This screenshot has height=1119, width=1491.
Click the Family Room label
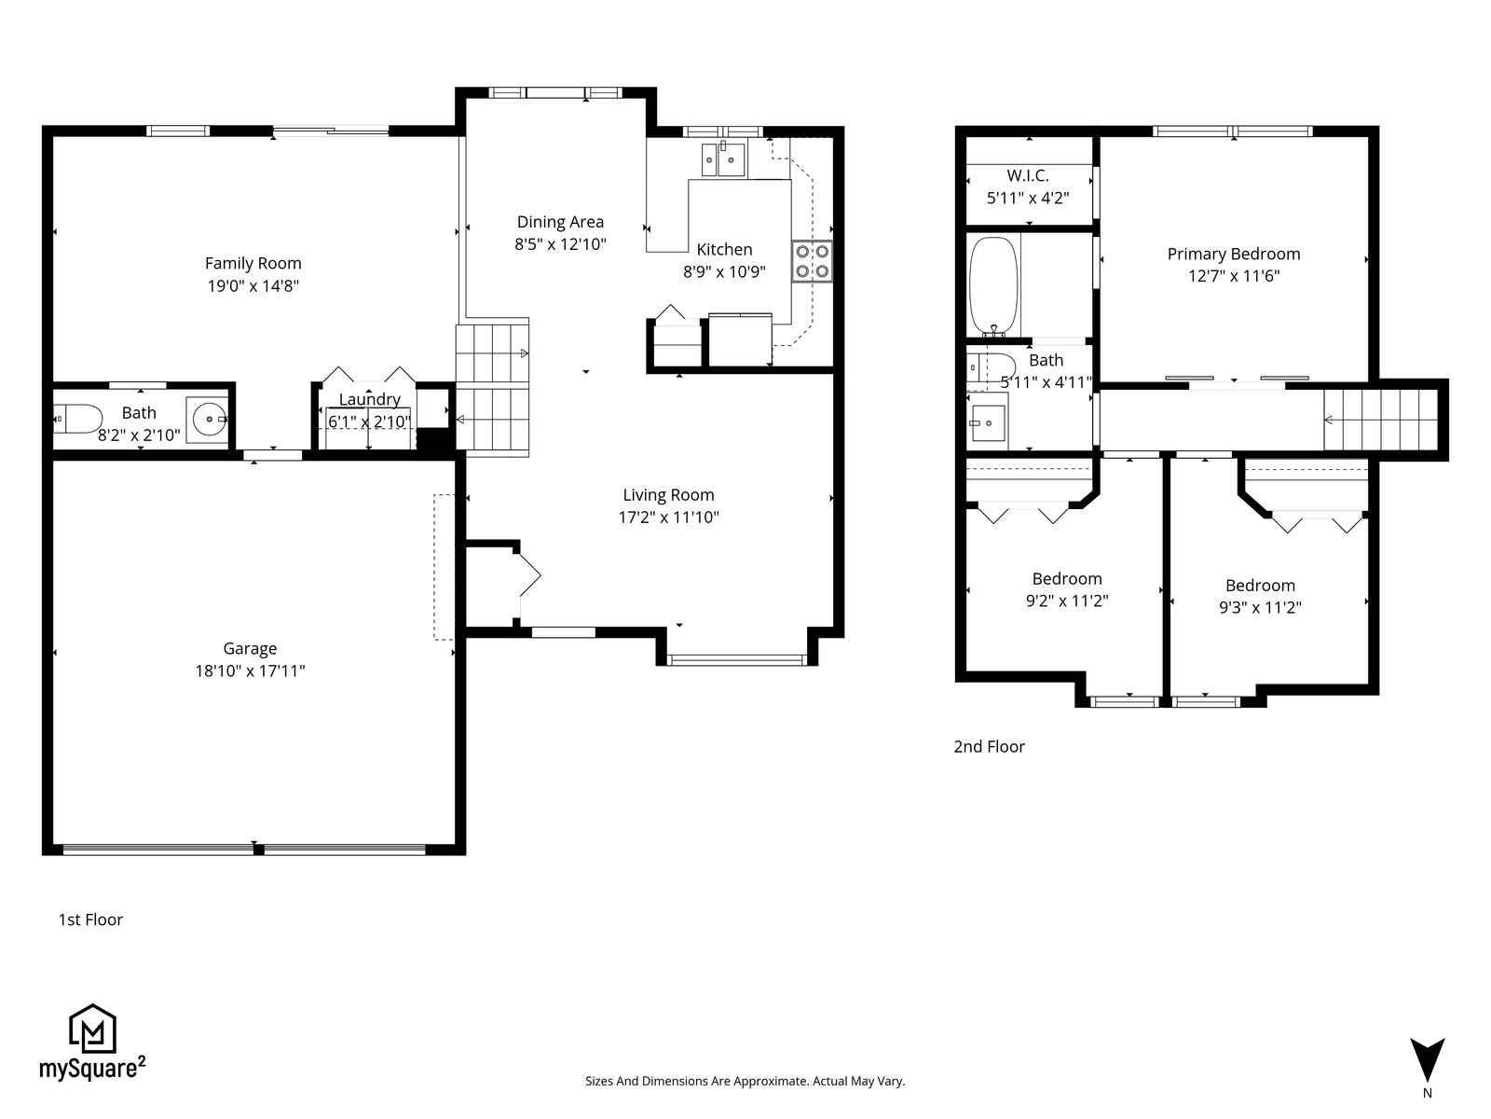pos(253,264)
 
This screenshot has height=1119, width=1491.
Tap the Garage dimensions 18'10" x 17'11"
pos(250,671)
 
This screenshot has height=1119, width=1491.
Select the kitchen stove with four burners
pos(812,262)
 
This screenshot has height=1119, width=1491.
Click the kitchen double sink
pos(723,159)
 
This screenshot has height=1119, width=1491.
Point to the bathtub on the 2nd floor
pos(993,285)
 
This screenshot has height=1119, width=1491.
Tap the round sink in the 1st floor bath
pos(207,420)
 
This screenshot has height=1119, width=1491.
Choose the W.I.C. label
pos(1028,175)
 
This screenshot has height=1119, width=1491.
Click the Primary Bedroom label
pos(1234,254)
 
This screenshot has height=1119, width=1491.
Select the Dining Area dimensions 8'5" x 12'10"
pos(560,244)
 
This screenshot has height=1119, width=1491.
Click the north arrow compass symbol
pos(1427,1061)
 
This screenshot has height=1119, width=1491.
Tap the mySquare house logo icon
pos(93,1029)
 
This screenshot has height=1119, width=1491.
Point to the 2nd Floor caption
pos(989,747)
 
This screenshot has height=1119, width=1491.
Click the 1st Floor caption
pos(90,920)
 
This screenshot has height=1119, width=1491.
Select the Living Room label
pos(668,495)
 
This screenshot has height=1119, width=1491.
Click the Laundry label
pos(370,399)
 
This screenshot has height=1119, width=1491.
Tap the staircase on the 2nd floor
pos(1381,420)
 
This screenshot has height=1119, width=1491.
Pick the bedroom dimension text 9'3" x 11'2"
pos(1260,607)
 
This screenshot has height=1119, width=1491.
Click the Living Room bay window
pos(736,659)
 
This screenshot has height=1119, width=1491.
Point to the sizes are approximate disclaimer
pos(745,1081)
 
